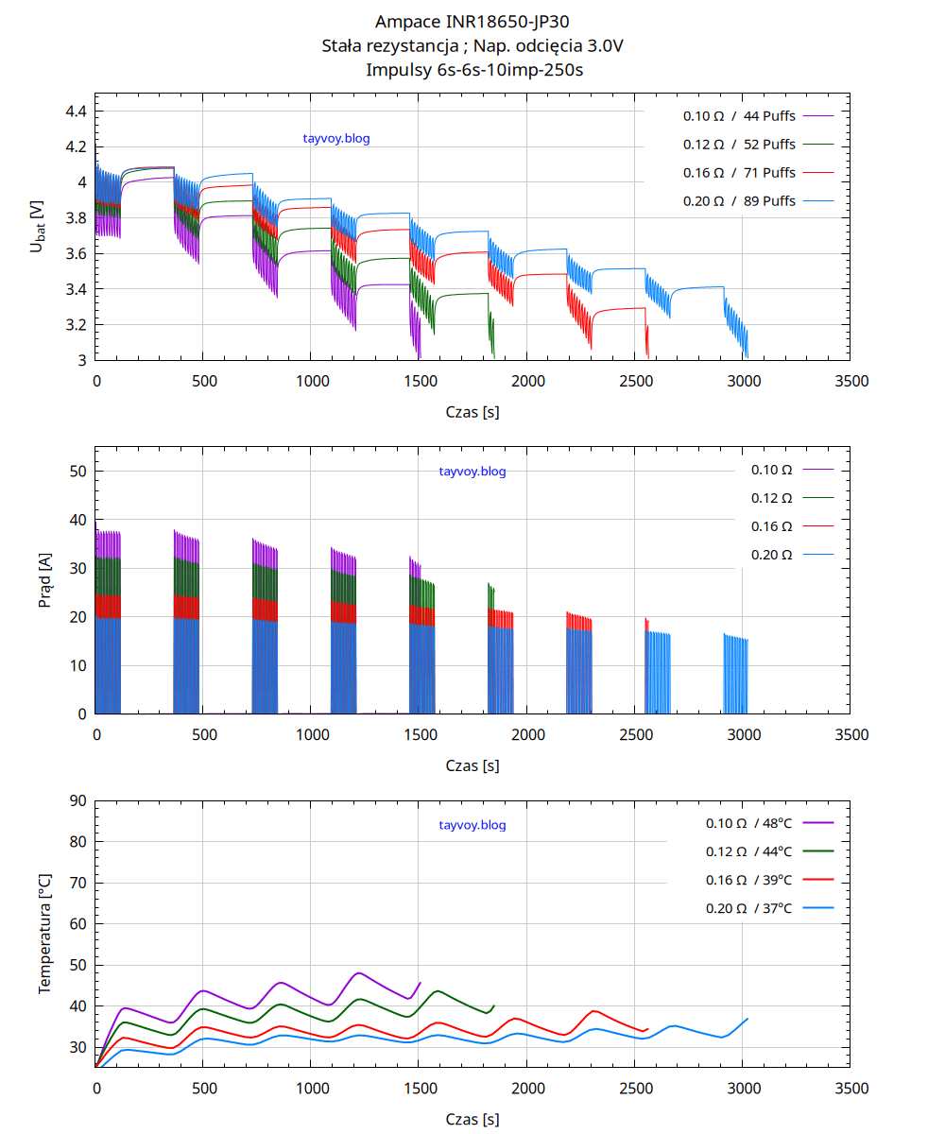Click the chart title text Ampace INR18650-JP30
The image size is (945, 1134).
(472, 22)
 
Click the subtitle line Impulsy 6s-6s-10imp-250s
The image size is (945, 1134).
(472, 69)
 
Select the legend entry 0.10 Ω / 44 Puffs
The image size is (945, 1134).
(739, 116)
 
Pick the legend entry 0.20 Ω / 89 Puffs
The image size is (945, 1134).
(739, 201)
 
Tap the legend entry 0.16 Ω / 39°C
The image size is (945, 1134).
(748, 880)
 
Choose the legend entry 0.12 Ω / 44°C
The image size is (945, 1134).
(748, 851)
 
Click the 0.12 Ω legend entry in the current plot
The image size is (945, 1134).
(771, 497)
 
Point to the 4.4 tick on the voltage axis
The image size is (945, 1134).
(76, 112)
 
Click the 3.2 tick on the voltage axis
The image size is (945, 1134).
(76, 325)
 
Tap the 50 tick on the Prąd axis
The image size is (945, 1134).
(78, 472)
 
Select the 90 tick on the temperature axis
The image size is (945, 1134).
(78, 801)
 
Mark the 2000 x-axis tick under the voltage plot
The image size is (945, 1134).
(527, 381)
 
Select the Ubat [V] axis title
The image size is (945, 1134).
(37, 227)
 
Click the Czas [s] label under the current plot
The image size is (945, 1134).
(472, 765)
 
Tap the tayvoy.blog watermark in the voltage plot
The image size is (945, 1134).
(336, 139)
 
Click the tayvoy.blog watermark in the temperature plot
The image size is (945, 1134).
(472, 825)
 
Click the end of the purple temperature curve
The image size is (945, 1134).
(420, 983)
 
